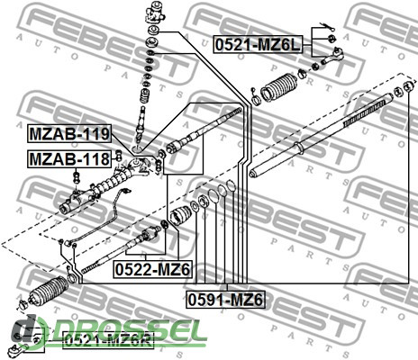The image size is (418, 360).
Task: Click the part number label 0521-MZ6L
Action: [x=258, y=45]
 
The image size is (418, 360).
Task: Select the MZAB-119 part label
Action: [x=69, y=134]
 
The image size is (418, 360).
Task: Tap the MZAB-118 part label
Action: [x=69, y=158]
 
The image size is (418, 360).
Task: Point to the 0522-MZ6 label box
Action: [x=152, y=270]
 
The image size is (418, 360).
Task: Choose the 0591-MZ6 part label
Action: [x=225, y=300]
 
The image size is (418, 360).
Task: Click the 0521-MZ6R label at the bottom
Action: [x=108, y=341]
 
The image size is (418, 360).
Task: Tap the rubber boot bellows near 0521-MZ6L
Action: [x=278, y=86]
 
